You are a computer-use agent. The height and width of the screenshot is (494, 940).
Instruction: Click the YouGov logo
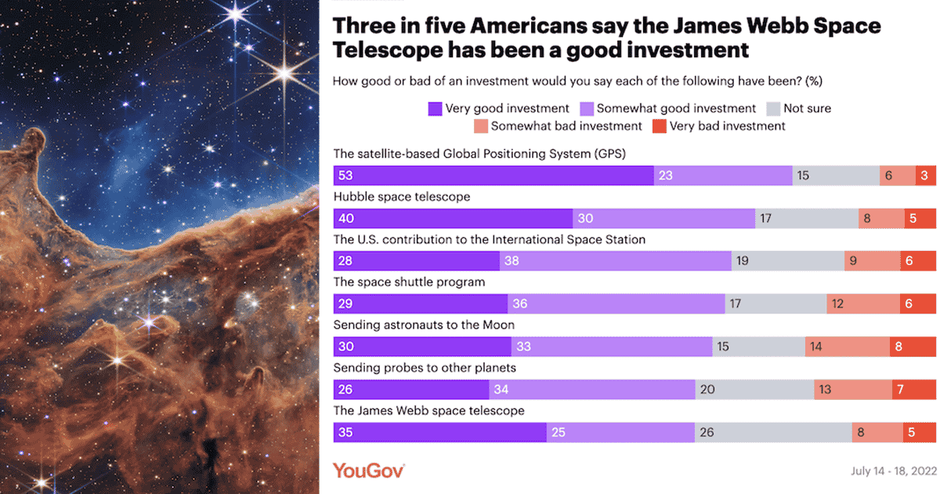tap(368, 470)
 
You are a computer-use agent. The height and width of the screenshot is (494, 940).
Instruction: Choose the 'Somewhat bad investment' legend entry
tap(558, 125)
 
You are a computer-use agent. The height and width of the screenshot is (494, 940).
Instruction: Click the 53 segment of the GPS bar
tap(493, 176)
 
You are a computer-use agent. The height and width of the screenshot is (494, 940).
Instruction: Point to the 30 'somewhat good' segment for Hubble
tap(663, 219)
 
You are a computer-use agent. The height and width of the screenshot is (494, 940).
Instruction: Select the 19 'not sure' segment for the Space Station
tap(787, 261)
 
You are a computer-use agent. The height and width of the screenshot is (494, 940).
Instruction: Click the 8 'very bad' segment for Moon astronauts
tap(913, 347)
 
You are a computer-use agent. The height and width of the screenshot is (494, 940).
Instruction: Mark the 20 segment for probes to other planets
tap(754, 389)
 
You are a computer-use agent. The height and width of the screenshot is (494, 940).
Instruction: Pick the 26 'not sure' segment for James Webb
tap(773, 432)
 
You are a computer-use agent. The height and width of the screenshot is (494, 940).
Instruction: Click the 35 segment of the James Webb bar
tap(439, 432)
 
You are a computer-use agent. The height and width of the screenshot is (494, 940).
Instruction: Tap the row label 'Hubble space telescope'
tap(402, 197)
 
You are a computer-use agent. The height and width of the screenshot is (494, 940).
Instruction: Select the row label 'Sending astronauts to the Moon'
tap(424, 325)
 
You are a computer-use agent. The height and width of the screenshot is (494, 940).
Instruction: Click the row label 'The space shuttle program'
tap(410, 282)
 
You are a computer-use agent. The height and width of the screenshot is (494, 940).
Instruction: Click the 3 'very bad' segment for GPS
tap(925, 176)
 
